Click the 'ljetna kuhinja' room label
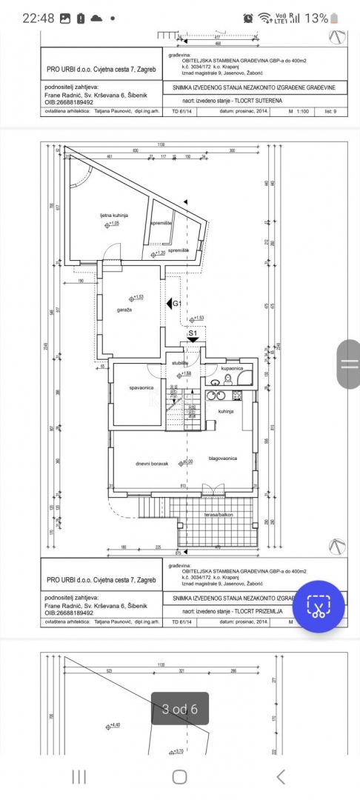[x=114, y=216]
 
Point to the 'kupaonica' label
[x=232, y=368]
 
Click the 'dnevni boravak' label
[x=152, y=464]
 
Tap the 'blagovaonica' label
[x=222, y=459]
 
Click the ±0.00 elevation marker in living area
[x=187, y=461]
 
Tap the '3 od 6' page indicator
[x=179, y=709]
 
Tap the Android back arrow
[x=280, y=776]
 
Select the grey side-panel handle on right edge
[x=347, y=363]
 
